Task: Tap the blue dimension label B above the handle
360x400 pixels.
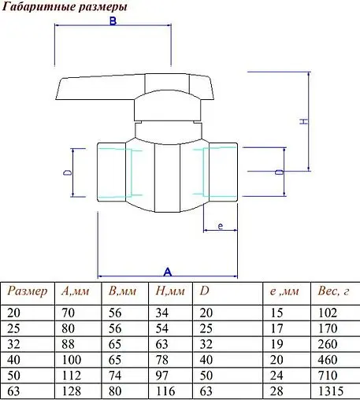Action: click(113, 23)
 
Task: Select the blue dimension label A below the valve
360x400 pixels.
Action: click(167, 271)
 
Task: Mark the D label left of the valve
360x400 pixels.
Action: click(68, 171)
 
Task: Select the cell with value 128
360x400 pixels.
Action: click(70, 391)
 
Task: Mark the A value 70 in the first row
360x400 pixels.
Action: click(68, 313)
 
